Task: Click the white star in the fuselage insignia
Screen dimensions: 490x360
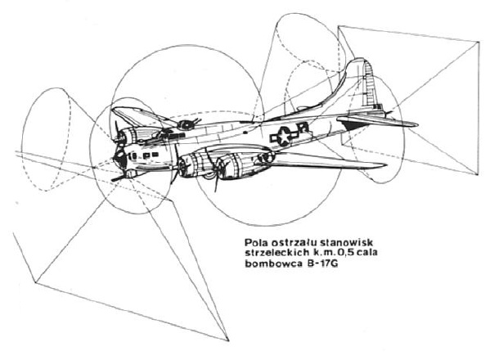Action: coord(284,136)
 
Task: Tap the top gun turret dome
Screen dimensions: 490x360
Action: coord(186,124)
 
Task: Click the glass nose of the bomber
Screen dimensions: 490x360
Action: coord(119,158)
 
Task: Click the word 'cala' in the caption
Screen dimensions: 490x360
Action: coord(368,253)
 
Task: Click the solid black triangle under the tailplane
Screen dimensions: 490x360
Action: coord(353,126)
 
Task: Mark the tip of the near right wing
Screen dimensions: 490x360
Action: coord(386,164)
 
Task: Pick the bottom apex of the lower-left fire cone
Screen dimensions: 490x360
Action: coord(228,340)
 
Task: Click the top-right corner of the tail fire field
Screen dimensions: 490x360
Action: coord(479,42)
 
